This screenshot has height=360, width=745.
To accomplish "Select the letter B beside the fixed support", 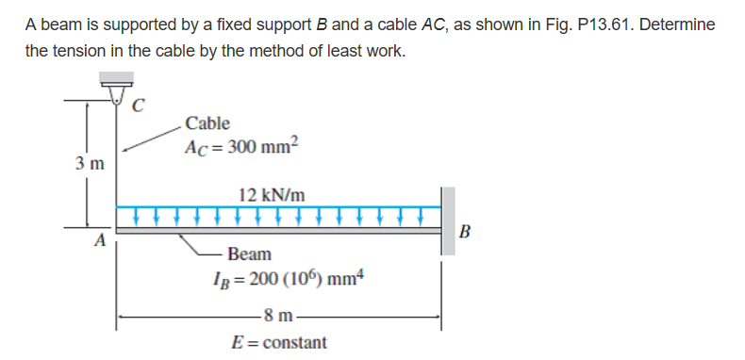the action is tap(464, 233).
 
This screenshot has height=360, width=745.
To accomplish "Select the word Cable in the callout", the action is tap(207, 123).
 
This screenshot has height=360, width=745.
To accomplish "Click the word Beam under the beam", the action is tap(249, 254).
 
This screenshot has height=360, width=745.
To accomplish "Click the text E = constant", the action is tap(280, 342).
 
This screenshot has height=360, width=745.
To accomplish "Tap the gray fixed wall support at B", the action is tap(448, 221).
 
